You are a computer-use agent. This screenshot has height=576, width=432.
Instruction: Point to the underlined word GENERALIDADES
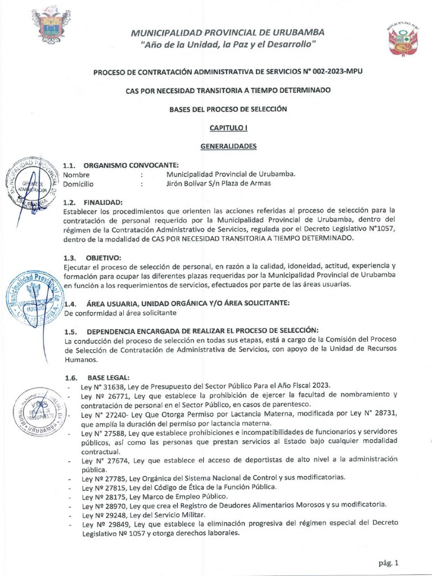click(x=228, y=146)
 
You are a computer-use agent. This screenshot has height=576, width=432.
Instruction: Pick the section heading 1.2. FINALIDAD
click(x=92, y=202)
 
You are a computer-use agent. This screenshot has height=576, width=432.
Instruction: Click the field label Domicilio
click(x=78, y=183)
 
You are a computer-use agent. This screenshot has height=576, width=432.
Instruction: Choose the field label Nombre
click(x=76, y=174)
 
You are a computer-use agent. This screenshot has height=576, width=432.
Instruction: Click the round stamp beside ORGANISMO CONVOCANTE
click(x=34, y=183)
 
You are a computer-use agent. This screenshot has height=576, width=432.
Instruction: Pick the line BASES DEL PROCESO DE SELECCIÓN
click(x=228, y=109)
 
